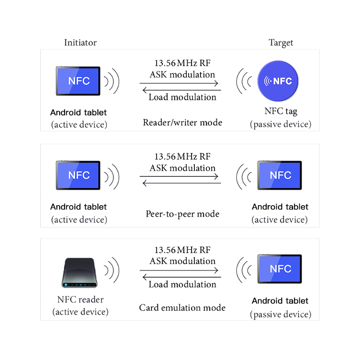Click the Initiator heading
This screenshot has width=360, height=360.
tap(80, 43)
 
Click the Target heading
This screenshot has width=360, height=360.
tap(280, 43)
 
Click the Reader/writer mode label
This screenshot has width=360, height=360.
tap(182, 123)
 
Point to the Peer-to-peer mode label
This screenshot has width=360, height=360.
tap(182, 214)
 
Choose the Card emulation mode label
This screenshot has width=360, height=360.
tap(182, 308)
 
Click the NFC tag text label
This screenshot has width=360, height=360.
tap(280, 112)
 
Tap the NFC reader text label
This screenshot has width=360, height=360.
tap(80, 300)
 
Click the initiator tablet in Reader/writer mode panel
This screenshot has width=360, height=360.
tap(79, 80)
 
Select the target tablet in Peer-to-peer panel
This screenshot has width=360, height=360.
tap(280, 175)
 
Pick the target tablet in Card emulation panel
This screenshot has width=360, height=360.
tap(280, 269)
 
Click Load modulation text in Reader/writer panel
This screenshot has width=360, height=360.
tap(182, 97)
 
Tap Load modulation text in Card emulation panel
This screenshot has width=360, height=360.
tap(182, 285)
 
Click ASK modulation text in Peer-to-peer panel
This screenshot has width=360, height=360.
tap(182, 168)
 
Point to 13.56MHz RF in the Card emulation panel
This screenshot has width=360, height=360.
tap(182, 250)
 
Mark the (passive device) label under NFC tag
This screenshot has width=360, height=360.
tap(280, 125)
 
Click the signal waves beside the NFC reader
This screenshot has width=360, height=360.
tap(112, 270)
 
